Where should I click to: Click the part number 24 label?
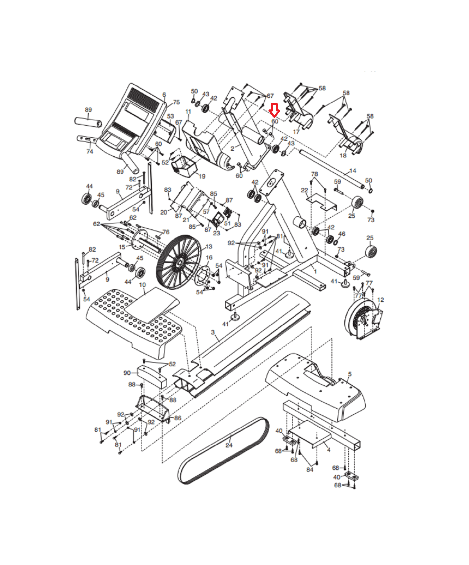pyautogui.click(x=229, y=445)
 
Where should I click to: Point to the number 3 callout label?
pyautogui.click(x=213, y=332)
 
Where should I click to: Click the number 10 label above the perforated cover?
pyautogui.click(x=142, y=285)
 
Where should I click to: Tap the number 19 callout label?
pyautogui.click(x=202, y=176)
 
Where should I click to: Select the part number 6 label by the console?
pyautogui.click(x=164, y=95)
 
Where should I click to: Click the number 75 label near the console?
pyautogui.click(x=176, y=102)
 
